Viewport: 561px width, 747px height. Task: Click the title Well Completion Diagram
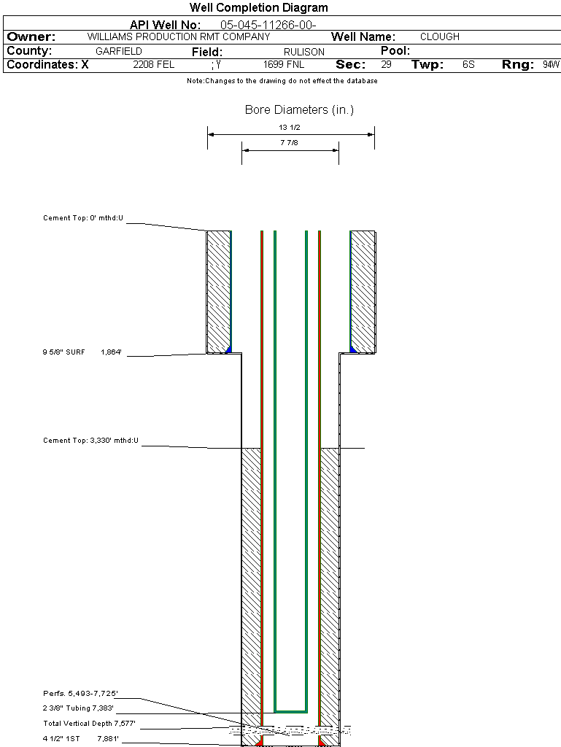259,8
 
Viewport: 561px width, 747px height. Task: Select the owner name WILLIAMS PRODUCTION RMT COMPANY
179,36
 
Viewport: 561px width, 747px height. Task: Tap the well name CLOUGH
440,36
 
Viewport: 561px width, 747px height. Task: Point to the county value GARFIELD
119,52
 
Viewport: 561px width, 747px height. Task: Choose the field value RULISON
304,52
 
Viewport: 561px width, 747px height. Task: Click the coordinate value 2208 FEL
154,65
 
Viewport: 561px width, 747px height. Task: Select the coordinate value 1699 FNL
284,65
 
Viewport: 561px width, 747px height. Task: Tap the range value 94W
551,65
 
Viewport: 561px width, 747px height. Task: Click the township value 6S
468,65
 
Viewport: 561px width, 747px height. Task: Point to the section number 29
386,65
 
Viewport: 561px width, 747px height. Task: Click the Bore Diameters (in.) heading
299,110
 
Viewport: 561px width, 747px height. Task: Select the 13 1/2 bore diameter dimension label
290,127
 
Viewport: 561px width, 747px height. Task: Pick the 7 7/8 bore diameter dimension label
290,143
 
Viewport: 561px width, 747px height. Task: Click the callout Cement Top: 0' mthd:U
84,218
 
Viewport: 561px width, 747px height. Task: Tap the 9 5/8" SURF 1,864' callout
82,352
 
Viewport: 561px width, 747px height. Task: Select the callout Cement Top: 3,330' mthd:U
90,441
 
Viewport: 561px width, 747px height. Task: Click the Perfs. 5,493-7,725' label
80,693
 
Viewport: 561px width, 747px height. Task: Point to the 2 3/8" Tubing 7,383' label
79,708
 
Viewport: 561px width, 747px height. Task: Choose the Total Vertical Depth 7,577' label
89,724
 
